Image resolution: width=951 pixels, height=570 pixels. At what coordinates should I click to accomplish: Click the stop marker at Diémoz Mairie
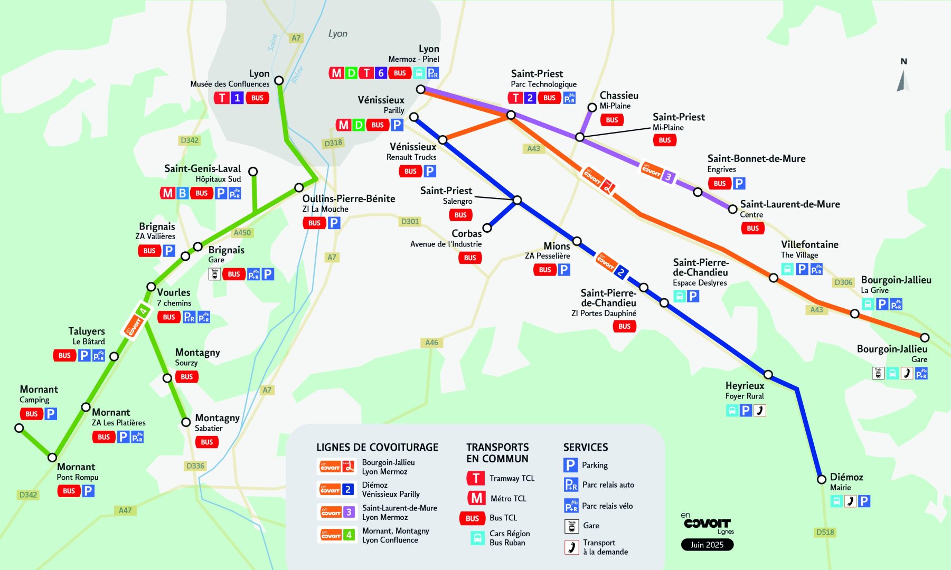click(x=822, y=479)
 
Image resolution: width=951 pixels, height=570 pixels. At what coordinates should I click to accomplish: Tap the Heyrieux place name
click(x=745, y=386)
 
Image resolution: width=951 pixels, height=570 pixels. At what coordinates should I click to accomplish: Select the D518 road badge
click(x=825, y=532)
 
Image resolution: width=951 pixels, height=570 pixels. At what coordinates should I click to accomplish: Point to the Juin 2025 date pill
click(x=707, y=545)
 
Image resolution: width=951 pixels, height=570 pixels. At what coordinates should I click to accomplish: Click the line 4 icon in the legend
click(x=336, y=535)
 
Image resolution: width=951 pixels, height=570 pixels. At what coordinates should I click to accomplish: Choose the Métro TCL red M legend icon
click(x=476, y=498)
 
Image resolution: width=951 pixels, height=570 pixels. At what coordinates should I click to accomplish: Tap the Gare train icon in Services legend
click(x=571, y=526)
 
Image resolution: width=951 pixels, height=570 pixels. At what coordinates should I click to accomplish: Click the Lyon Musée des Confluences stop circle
click(x=279, y=80)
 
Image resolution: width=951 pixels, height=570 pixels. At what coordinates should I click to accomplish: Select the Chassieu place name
click(x=619, y=96)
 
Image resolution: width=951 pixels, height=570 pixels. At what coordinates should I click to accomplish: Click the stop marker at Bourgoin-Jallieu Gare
click(x=925, y=337)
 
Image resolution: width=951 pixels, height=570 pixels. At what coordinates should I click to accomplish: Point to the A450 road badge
click(x=242, y=233)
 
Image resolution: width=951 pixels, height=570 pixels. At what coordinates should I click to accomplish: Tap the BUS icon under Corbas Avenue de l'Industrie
click(x=470, y=258)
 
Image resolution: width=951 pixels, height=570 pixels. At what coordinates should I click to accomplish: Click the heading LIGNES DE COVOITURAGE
click(x=377, y=448)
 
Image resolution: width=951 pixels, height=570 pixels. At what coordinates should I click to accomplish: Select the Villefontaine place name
click(x=809, y=244)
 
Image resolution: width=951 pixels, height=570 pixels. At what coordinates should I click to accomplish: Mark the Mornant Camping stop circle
click(x=19, y=428)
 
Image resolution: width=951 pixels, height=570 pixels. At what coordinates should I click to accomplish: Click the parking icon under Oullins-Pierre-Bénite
click(x=334, y=223)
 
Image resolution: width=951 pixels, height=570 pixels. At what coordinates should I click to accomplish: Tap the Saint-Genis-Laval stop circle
click(x=253, y=172)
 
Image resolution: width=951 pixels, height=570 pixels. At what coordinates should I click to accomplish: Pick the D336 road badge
click(x=195, y=466)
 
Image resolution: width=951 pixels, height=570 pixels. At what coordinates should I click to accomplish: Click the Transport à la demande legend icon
click(x=571, y=547)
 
